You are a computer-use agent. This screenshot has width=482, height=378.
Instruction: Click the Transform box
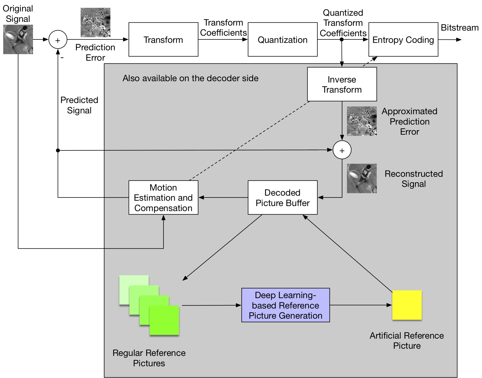163,39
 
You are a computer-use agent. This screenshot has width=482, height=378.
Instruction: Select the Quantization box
282,39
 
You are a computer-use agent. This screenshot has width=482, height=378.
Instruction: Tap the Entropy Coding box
403,39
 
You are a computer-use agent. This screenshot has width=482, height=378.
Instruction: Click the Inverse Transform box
342,84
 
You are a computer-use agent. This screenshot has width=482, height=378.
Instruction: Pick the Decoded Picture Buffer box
282,198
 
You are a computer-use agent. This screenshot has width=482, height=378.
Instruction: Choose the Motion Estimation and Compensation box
163,198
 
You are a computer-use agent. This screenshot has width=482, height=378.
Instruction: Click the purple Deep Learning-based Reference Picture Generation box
285,305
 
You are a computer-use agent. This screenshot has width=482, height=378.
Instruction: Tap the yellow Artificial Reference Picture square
407,305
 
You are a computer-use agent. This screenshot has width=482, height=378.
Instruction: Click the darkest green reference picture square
164,320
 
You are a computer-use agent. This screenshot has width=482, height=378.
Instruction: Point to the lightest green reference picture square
134,290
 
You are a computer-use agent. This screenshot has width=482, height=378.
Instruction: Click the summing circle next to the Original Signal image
58,40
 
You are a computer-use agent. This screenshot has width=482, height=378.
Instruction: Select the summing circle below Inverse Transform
342,150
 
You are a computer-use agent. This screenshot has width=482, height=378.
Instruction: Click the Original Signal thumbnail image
18,39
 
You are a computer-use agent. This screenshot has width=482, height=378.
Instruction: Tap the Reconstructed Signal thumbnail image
362,178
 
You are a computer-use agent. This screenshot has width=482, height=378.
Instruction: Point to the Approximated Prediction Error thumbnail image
362,121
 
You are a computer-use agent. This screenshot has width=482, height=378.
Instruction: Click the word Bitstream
460,28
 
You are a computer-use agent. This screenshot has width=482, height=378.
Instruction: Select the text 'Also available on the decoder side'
190,78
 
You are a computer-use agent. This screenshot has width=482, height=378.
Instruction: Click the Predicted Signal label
79,105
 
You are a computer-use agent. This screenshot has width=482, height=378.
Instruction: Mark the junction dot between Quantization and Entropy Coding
342,39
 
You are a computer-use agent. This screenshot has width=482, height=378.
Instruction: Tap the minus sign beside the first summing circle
62,57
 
